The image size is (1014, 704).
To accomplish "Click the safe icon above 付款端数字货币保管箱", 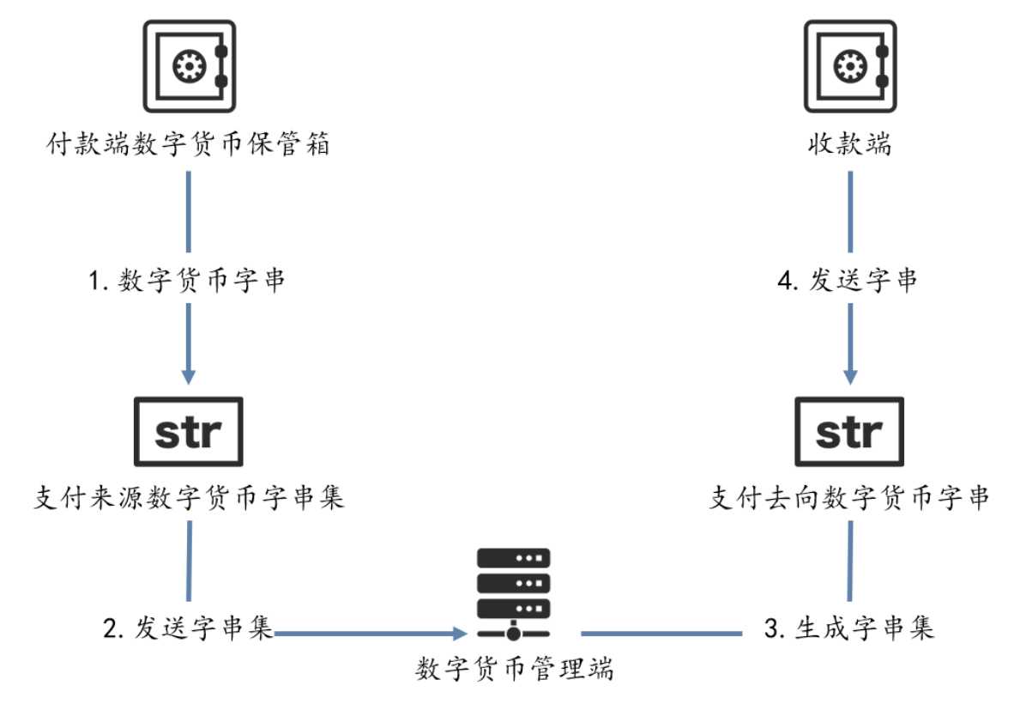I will click(x=188, y=67).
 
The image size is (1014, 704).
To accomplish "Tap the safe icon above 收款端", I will click(x=849, y=67).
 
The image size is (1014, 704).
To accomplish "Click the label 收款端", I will click(x=849, y=144).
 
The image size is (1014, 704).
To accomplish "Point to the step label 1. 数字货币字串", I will click(x=188, y=281).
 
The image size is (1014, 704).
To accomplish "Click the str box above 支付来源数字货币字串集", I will click(x=188, y=432).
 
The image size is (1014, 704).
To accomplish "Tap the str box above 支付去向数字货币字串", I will click(x=849, y=432).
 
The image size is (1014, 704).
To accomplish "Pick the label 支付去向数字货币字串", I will click(x=849, y=498).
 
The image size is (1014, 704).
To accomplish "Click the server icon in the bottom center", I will click(x=513, y=595).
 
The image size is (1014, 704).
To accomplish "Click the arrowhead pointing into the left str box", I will click(x=188, y=377).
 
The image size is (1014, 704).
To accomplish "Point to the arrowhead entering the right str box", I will click(x=849, y=377).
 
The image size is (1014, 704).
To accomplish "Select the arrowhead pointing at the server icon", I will click(x=458, y=634).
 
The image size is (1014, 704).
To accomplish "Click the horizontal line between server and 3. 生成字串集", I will click(x=661, y=634).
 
